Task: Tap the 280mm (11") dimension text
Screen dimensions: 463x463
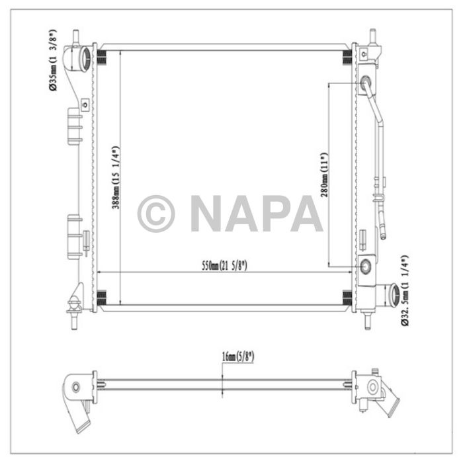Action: click(324, 173)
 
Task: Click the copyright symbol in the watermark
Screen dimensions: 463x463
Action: click(156, 213)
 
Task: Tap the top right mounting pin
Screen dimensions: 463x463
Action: click(372, 36)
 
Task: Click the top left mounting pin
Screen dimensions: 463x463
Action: click(76, 36)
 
